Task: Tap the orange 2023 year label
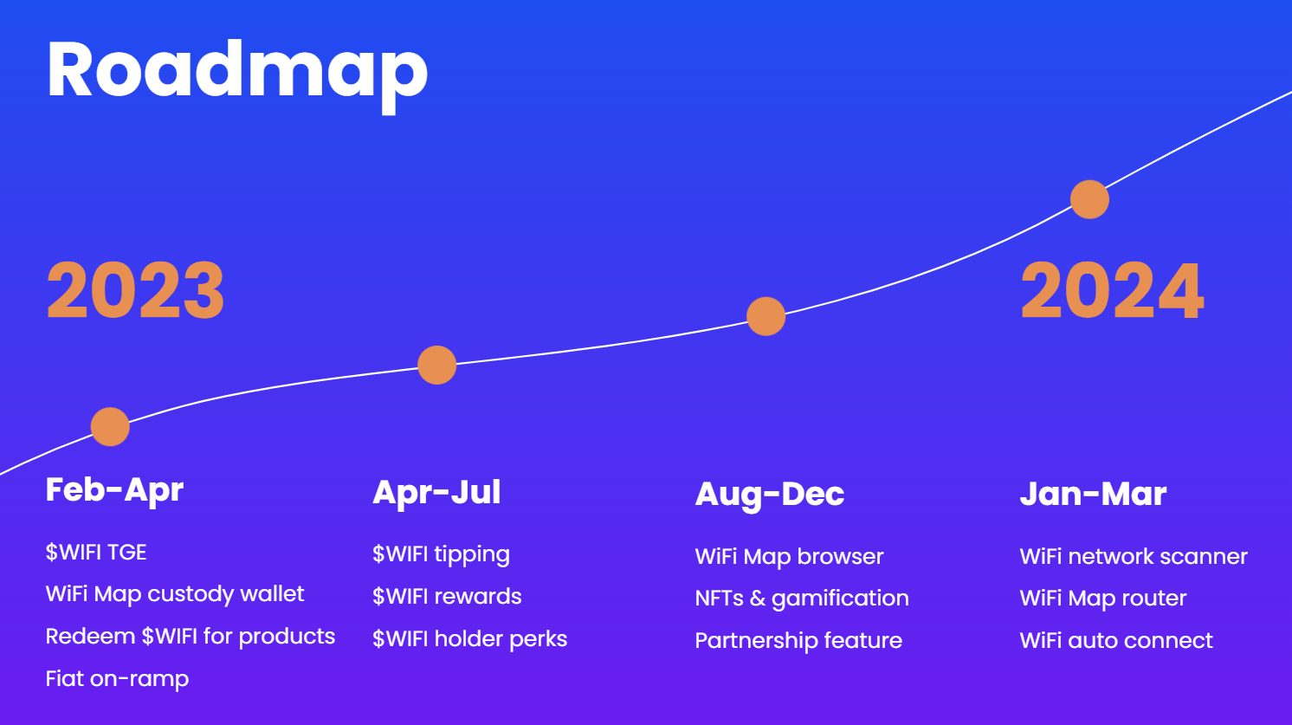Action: point(135,291)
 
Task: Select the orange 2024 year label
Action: point(1112,291)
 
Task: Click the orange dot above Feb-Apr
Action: point(110,426)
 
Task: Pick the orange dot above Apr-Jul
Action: point(436,365)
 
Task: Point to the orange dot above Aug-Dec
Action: point(766,316)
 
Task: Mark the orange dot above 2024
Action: point(1089,199)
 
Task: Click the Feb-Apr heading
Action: point(114,490)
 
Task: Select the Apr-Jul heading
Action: point(436,493)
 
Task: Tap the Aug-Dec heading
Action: point(769,495)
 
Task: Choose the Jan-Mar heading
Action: point(1093,495)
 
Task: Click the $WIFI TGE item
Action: point(96,552)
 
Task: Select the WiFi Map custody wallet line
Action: point(175,594)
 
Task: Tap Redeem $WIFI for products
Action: point(191,637)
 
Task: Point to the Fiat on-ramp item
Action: point(117,679)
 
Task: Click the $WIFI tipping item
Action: point(441,554)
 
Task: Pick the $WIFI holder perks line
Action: point(469,639)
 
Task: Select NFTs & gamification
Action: point(802,599)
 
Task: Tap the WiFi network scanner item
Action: point(1134,556)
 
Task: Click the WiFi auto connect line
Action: point(1116,641)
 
